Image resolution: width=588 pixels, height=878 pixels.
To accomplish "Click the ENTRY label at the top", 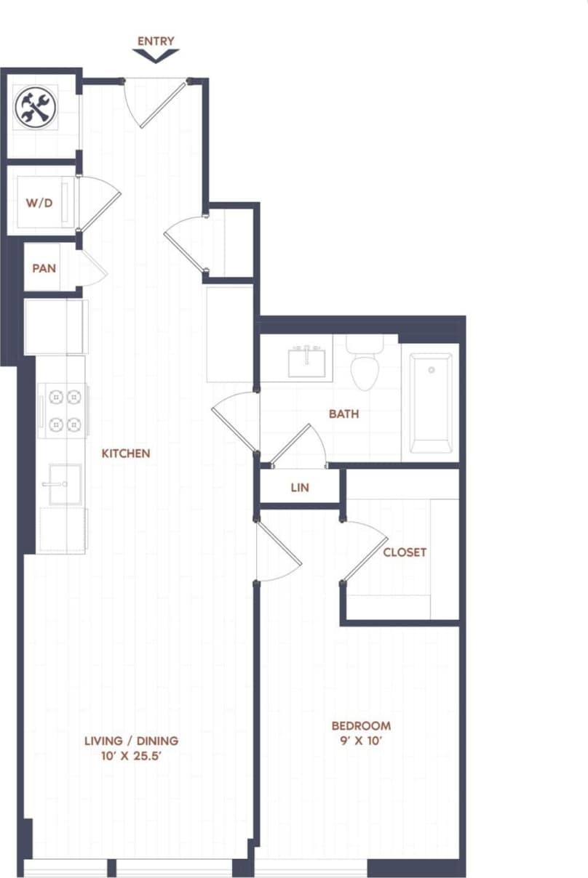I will coord(156,41).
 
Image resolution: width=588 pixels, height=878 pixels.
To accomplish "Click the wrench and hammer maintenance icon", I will coord(35,108).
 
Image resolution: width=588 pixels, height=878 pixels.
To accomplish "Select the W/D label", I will coord(39,203).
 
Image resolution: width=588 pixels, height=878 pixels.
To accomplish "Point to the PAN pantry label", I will coord(44,267).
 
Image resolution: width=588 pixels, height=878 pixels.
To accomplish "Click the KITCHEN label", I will coord(125,454).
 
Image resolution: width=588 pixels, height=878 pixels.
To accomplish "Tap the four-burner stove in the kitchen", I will coord(63,410).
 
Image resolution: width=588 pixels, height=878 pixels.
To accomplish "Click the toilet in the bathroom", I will coord(365,367).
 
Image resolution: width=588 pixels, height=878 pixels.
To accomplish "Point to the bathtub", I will coord(430,403).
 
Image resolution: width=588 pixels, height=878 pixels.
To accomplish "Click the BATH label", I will coord(343,414).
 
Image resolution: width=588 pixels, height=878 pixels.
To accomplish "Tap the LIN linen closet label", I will coord(299,488).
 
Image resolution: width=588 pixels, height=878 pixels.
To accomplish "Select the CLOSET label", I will coord(405,552).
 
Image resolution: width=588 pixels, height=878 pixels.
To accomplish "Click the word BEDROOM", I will coord(361,725).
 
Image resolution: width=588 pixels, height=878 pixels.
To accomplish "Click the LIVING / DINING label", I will coord(131,741).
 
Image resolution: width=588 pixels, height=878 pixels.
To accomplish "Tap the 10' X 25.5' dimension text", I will coord(131,757).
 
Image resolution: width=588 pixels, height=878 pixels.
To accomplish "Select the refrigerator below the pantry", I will coord(56,326).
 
